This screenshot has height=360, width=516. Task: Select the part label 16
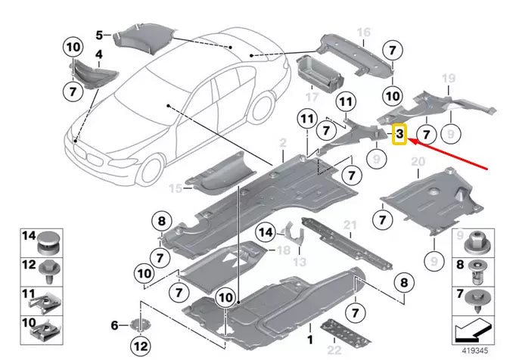[x=364, y=32]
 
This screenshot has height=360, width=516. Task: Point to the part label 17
[x=311, y=98]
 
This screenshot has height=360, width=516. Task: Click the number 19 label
[x=448, y=79]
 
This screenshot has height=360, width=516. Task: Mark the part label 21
[x=349, y=226]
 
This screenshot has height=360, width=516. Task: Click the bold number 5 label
[x=98, y=35]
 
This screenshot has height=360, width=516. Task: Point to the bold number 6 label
[x=115, y=325]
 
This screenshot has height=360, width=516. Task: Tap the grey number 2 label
[x=283, y=141]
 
